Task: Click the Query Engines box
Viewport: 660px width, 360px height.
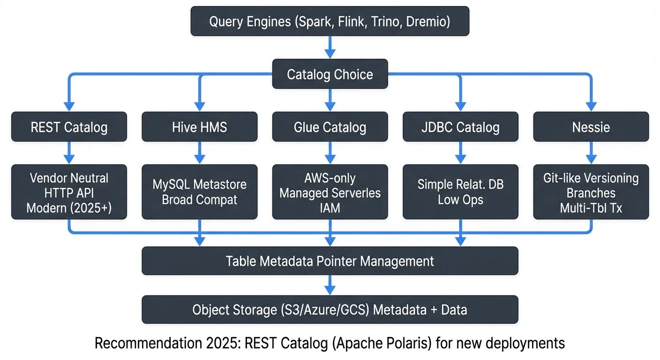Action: pos(330,21)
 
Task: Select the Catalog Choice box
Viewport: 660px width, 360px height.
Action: pos(330,74)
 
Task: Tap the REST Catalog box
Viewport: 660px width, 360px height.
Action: pos(69,127)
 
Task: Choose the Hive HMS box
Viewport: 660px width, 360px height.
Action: pos(199,127)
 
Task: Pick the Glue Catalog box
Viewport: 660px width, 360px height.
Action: pos(330,127)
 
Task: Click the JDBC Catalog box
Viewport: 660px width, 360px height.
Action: pos(460,127)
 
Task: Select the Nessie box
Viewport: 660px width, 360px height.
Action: pos(591,127)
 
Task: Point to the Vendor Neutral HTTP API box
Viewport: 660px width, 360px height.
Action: pos(69,192)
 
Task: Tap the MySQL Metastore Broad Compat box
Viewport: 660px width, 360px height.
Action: pos(199,192)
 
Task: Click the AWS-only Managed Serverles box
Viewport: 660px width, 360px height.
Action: pos(330,192)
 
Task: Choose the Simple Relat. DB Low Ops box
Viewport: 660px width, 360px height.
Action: pos(460,192)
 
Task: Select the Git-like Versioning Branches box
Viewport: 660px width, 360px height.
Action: pos(591,192)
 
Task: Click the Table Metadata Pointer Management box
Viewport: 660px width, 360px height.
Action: pos(330,261)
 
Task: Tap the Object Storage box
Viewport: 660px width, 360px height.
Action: pos(330,309)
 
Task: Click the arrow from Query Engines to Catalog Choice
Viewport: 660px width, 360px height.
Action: pos(330,47)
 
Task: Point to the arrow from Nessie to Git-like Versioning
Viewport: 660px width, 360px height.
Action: pos(591,153)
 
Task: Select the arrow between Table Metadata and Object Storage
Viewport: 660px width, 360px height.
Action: pos(330,285)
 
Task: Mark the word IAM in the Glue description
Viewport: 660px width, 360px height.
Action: pos(330,207)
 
